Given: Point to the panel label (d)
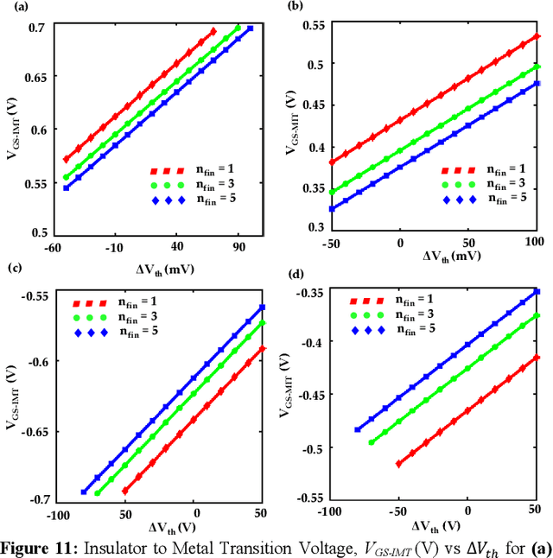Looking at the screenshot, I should (294, 276).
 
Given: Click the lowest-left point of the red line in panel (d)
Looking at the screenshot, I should (398, 464).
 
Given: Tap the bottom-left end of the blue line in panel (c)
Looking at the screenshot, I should (83, 491).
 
